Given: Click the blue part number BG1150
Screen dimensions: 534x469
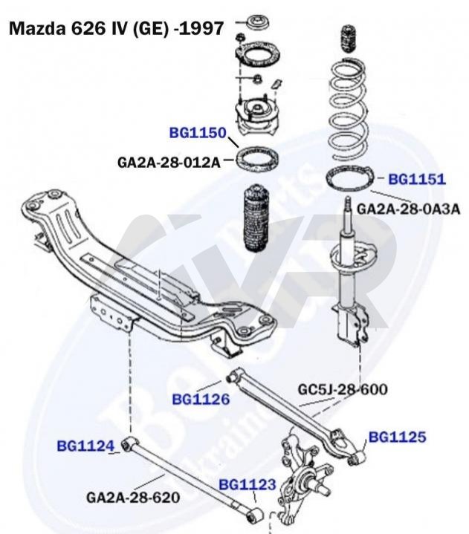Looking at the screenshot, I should click(x=197, y=134).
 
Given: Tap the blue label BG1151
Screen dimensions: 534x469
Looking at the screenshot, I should click(x=417, y=179).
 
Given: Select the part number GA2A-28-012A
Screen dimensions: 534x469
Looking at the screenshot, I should click(x=169, y=160).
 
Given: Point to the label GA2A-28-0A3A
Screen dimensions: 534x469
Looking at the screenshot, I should click(x=409, y=209).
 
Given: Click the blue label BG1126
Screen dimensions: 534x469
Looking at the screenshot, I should click(x=201, y=399).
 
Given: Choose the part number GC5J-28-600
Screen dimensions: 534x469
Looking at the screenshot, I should click(x=343, y=388).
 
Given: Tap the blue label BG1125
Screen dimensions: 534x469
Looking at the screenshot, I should click(x=398, y=437).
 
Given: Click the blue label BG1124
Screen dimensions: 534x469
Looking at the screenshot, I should click(x=85, y=446).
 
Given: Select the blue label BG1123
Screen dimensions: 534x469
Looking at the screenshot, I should click(x=248, y=485).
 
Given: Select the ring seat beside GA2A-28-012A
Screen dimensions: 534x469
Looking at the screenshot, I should click(x=257, y=158).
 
